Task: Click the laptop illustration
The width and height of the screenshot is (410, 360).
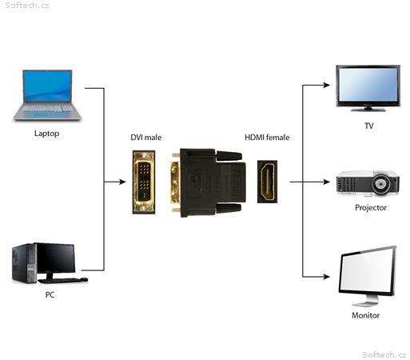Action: point(47,95)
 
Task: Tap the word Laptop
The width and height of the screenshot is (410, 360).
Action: point(47,134)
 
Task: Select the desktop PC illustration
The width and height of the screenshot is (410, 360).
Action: point(50,263)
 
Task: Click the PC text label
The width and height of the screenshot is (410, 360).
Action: point(50,294)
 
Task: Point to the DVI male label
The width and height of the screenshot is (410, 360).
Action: point(146,138)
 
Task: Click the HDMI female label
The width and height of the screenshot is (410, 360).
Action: point(267,138)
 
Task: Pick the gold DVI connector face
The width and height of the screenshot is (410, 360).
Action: point(144,182)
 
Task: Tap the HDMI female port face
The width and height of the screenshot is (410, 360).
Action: point(267,182)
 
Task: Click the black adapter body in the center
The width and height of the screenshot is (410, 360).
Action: point(209,182)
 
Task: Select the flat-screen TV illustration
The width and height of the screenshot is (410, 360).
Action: point(368,88)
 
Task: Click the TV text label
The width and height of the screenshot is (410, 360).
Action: point(369,126)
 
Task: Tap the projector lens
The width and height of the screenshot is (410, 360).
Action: point(381,184)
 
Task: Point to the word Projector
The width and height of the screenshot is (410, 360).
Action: point(371,207)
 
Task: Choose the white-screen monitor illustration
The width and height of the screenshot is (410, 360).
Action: point(368,275)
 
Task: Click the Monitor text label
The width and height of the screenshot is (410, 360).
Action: point(365,315)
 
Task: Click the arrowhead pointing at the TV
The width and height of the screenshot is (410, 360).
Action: point(327,85)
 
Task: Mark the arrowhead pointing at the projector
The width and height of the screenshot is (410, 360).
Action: point(327,182)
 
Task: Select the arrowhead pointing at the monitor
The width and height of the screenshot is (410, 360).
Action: point(327,277)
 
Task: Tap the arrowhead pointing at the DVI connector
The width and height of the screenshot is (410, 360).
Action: point(122,182)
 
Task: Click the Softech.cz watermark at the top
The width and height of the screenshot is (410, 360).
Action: point(27,6)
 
